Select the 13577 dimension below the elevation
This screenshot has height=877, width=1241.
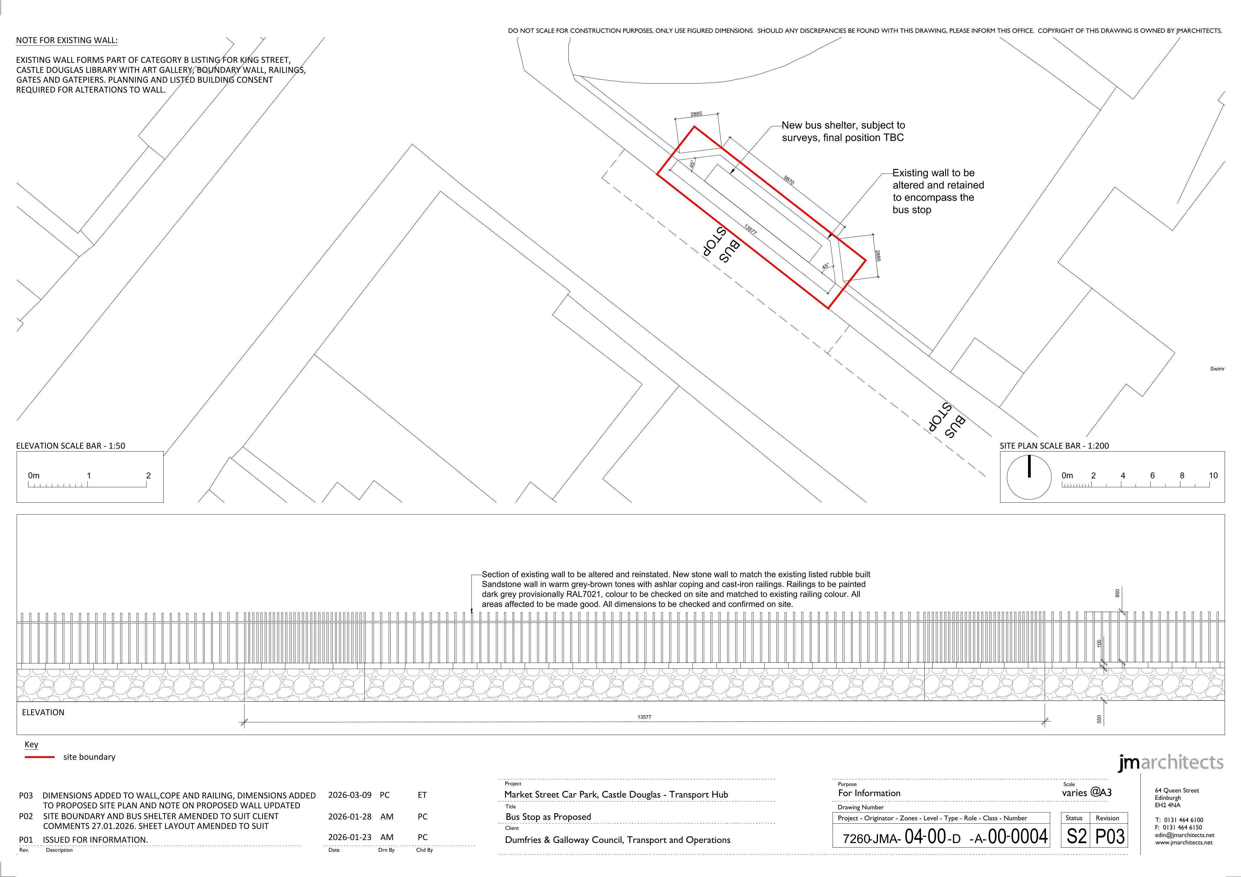pyautogui.click(x=644, y=717)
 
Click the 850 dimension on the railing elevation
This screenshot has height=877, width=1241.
pyautogui.click(x=1117, y=593)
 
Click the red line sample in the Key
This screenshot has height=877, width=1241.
pyautogui.click(x=39, y=757)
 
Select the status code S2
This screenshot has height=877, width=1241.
pyautogui.click(x=1076, y=836)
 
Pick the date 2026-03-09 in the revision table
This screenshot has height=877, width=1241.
pyautogui.click(x=350, y=795)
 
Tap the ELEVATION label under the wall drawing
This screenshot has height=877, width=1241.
pyautogui.click(x=43, y=712)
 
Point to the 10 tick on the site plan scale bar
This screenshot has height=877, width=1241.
pyautogui.click(x=1213, y=475)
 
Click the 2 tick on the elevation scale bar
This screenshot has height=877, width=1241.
pyautogui.click(x=148, y=475)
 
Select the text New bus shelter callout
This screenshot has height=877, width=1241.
pyautogui.click(x=843, y=131)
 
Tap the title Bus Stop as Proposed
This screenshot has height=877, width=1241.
pyautogui.click(x=548, y=816)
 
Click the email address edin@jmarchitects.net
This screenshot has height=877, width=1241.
pyautogui.click(x=1185, y=835)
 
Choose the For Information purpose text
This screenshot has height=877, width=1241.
pyautogui.click(x=869, y=793)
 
